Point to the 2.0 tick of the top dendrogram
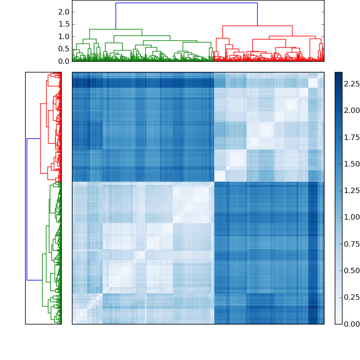click(x=63, y=12)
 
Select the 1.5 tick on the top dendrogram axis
click(x=63, y=24)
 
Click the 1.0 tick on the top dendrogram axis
click(x=63, y=36)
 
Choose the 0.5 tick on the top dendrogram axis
click(x=63, y=49)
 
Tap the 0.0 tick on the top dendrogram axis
click(x=63, y=61)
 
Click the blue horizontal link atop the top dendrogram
click(x=186, y=3)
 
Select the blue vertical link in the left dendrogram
click(x=27, y=209)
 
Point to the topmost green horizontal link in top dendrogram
click(x=116, y=29)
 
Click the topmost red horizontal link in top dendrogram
click(x=257, y=26)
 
